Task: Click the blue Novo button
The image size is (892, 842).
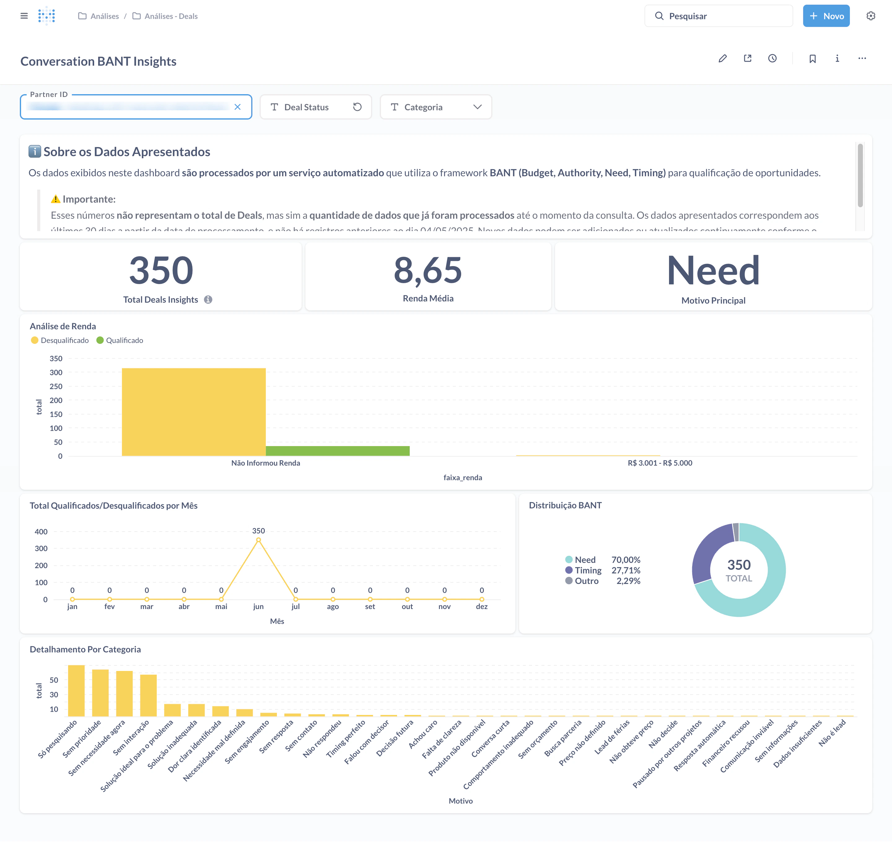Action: (x=826, y=16)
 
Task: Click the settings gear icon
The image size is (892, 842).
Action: (x=870, y=16)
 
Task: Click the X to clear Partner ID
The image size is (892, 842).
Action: (x=237, y=107)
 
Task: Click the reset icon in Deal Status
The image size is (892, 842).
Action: (x=357, y=107)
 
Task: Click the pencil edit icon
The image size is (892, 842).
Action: (x=722, y=58)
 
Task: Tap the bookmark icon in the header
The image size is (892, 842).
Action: (x=812, y=58)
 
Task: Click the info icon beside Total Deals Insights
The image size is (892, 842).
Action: (x=208, y=299)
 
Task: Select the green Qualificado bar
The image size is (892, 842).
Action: (x=337, y=451)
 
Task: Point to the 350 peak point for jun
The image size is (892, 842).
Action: (x=258, y=540)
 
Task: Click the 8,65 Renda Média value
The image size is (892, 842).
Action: (x=428, y=270)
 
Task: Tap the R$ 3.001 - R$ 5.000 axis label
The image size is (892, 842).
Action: (x=660, y=463)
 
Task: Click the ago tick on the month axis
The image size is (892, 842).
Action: (x=332, y=606)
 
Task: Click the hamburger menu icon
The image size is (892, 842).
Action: (x=24, y=16)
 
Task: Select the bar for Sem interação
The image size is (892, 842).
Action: (x=148, y=696)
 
